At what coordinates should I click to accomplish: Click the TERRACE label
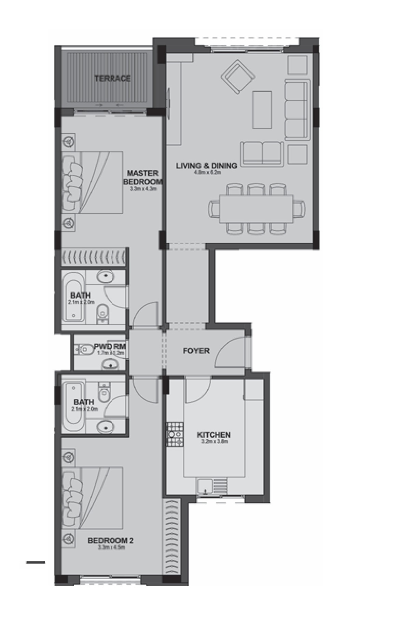click(112, 79)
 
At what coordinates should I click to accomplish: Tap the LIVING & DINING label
click(206, 166)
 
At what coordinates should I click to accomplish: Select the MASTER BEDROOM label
click(142, 177)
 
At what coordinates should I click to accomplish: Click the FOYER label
click(196, 351)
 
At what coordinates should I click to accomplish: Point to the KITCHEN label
click(214, 435)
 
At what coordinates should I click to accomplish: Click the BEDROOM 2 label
click(110, 541)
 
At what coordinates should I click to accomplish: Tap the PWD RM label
click(114, 346)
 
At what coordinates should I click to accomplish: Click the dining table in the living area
click(256, 208)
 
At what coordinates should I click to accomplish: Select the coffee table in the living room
click(262, 109)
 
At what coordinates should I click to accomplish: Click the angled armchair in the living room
click(238, 77)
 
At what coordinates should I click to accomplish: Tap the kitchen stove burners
click(175, 434)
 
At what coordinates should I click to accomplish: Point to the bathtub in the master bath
click(73, 296)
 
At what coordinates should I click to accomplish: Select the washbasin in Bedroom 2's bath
click(106, 426)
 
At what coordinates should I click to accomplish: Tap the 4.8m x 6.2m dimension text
click(207, 173)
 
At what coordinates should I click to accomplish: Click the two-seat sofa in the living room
click(262, 153)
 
